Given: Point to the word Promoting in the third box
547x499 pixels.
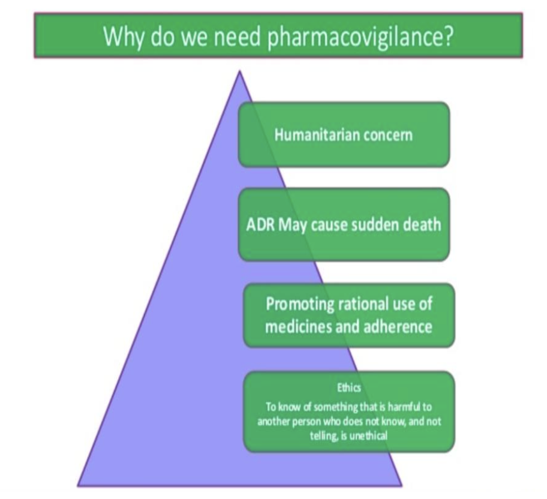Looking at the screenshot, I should click(x=300, y=303).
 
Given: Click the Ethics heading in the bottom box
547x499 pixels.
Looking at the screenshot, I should click(x=349, y=388).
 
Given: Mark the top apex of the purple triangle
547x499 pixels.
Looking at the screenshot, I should click(x=239, y=72).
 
